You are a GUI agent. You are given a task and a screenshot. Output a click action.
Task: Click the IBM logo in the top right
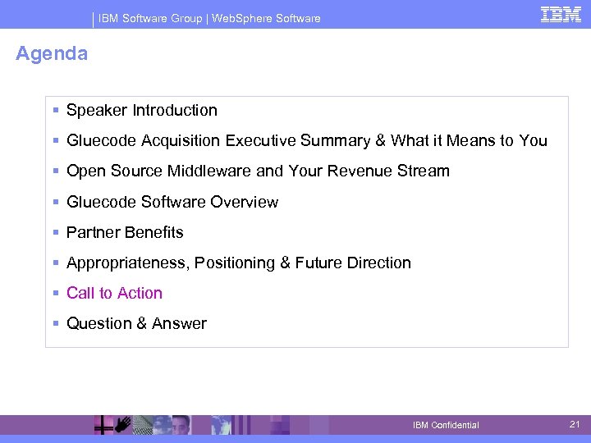coord(561,14)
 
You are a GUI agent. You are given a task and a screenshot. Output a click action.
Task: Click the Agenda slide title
coord(52,54)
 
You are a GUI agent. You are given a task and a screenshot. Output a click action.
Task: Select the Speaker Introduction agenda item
coord(141,110)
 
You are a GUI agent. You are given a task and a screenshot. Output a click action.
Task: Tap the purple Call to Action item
coord(114,293)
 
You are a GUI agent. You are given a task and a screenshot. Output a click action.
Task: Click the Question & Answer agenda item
coord(136,323)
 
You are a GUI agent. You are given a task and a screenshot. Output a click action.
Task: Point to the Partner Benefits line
coord(125,232)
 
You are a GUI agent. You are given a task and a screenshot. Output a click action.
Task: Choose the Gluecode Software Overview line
coord(172,202)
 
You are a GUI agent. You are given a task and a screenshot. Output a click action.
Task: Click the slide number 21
coord(575,423)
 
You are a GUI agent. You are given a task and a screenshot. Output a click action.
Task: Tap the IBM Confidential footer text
coord(446,425)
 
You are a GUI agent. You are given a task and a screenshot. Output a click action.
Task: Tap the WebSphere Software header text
coord(266,18)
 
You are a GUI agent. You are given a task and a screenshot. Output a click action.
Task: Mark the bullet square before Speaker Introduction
coord(54,110)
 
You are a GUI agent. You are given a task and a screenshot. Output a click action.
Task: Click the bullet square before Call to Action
coord(54,293)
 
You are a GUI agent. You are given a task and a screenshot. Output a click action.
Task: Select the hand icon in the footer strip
coord(121,424)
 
